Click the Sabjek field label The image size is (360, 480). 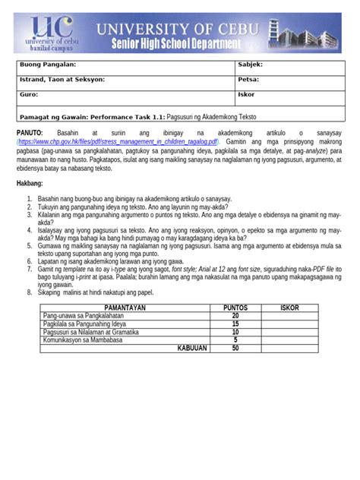pos(251,65)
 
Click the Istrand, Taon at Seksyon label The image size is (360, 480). pos(62,79)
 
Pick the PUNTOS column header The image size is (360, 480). pos(235,308)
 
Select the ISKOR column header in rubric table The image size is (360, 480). pos(289,308)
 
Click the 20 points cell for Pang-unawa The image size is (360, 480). pos(235,315)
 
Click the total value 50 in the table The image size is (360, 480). pos(235,349)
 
